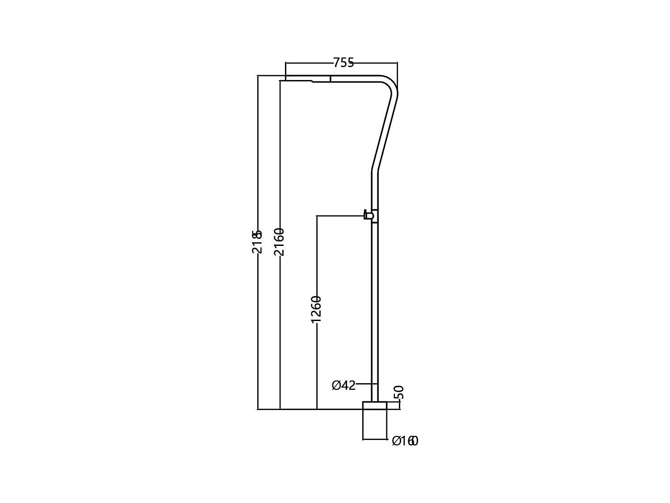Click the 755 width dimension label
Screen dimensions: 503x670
click(x=343, y=63)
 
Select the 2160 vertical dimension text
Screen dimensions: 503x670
click(x=279, y=241)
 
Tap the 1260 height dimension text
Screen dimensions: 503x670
click(x=316, y=309)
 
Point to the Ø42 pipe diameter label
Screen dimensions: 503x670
click(x=343, y=385)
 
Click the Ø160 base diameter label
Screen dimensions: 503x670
click(x=405, y=441)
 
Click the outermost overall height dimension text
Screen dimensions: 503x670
click(x=257, y=241)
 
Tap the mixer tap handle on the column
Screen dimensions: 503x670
click(x=368, y=216)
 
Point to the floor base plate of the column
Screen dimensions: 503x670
click(x=375, y=405)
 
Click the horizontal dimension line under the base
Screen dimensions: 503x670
click(x=375, y=439)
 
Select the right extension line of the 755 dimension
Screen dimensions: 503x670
click(x=397, y=76)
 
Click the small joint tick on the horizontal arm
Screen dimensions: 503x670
click(x=330, y=79)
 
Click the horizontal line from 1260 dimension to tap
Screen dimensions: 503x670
click(x=339, y=216)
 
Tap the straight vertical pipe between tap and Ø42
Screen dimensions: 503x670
click(x=375, y=304)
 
